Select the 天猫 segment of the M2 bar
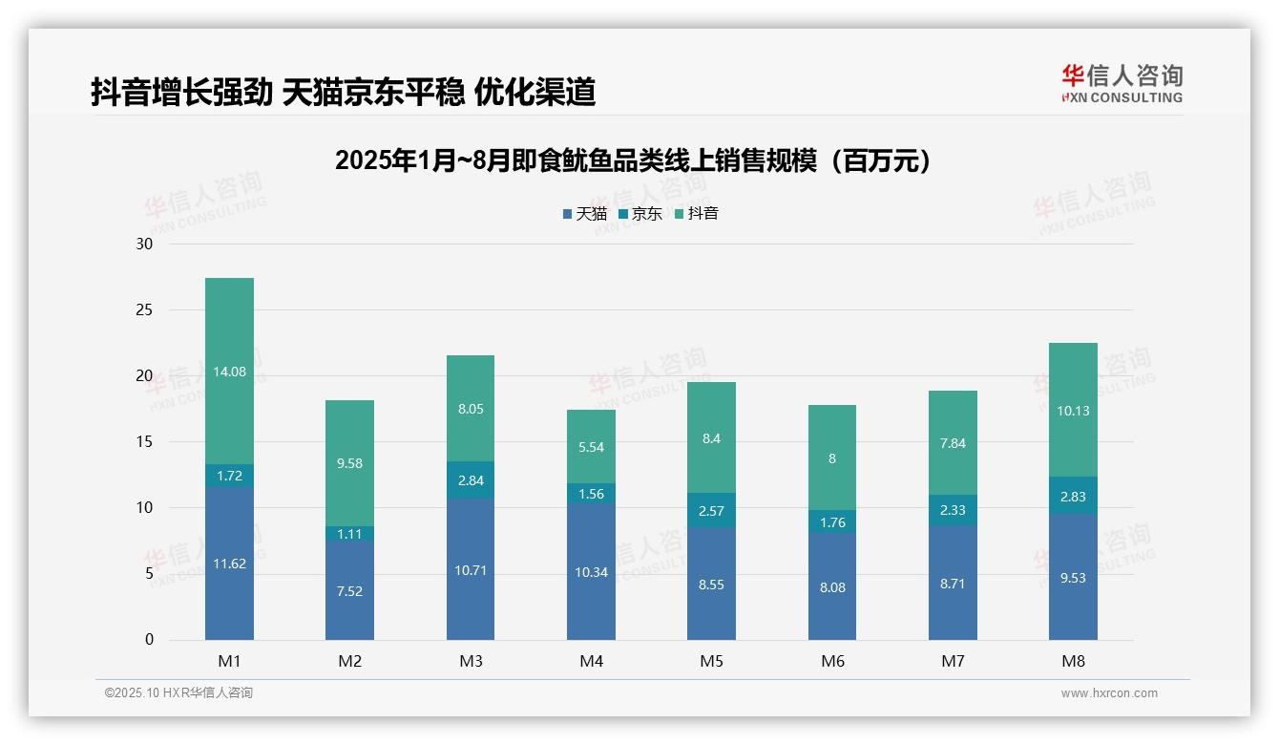[349, 590]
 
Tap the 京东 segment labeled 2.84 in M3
[471, 480]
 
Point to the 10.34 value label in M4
[591, 572]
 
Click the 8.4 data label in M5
[711, 438]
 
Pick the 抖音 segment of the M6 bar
[832, 458]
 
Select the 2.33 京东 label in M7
[953, 510]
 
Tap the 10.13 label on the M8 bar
[1073, 411]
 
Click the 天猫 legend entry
[584, 214]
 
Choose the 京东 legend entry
[640, 214]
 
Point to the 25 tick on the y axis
[144, 309]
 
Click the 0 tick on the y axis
[149, 640]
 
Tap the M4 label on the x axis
[591, 661]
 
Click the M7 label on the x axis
[953, 661]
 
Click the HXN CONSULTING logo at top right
[1122, 84]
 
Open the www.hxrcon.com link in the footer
[1109, 693]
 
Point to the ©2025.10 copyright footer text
[178, 693]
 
